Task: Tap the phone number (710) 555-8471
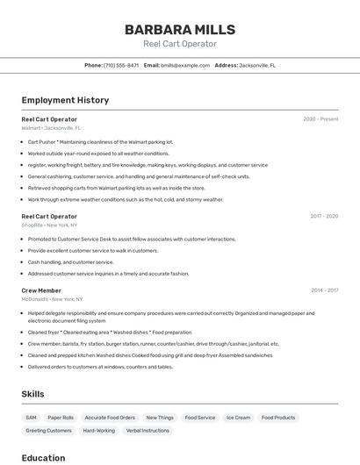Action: (121, 65)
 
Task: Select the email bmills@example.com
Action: (184, 65)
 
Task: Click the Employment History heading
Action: (65, 100)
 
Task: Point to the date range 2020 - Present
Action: (320, 119)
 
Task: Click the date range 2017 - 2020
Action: (324, 216)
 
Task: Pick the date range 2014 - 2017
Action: (324, 290)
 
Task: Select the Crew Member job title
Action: (41, 290)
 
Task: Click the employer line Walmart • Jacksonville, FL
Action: (51, 128)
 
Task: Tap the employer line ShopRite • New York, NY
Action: (49, 225)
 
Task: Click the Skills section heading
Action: (32, 394)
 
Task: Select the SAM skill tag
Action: (31, 418)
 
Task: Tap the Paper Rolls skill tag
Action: (61, 418)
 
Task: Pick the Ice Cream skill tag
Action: (238, 418)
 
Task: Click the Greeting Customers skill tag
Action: (48, 431)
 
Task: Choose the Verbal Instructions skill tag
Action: (148, 431)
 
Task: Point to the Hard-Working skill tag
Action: (98, 431)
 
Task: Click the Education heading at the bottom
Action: (43, 457)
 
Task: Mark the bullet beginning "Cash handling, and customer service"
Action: (70, 261)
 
